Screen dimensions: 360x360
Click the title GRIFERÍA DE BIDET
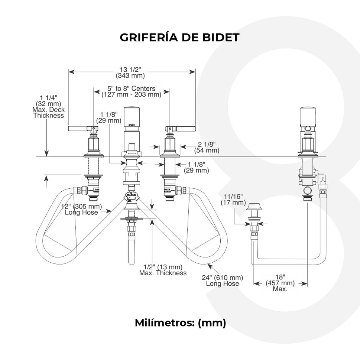(179, 37)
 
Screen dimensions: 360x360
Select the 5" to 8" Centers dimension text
(131, 91)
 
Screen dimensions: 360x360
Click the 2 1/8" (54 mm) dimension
(207, 147)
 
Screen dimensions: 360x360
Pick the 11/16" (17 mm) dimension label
(233, 199)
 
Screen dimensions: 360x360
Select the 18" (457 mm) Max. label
(280, 283)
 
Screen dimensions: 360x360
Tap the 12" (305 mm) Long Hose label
(82, 209)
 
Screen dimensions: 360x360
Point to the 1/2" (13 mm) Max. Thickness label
(163, 270)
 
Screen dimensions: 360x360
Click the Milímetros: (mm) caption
(180, 322)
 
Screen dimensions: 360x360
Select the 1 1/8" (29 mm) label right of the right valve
(197, 167)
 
